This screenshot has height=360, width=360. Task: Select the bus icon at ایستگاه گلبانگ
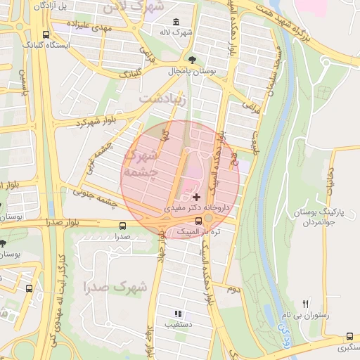46,34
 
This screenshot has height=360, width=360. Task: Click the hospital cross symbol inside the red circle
196,196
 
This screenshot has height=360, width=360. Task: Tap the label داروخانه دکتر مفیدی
198,208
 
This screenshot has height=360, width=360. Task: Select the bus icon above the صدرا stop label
123,226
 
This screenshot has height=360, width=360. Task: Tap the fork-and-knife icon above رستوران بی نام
305,304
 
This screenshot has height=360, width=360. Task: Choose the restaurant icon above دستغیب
178,314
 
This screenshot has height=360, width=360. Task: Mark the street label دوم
233,288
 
